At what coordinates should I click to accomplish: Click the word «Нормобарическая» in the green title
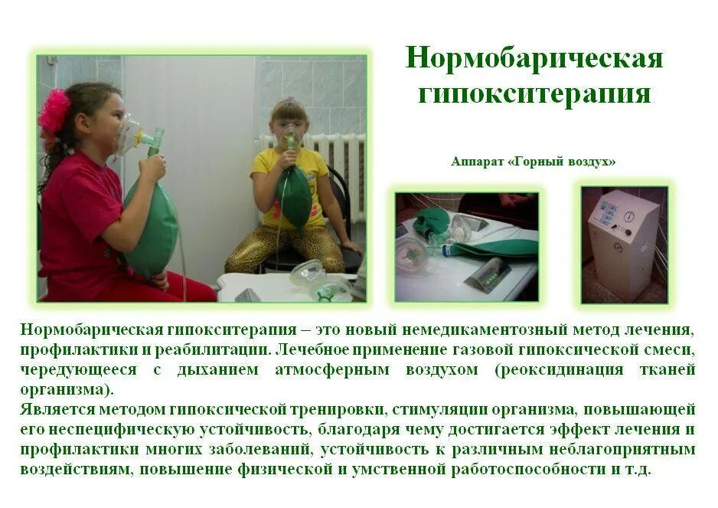click(534, 59)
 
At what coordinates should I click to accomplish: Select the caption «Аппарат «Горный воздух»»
click(534, 162)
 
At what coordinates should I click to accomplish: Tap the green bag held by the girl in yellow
click(295, 195)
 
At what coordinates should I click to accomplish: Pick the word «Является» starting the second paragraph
click(57, 409)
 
